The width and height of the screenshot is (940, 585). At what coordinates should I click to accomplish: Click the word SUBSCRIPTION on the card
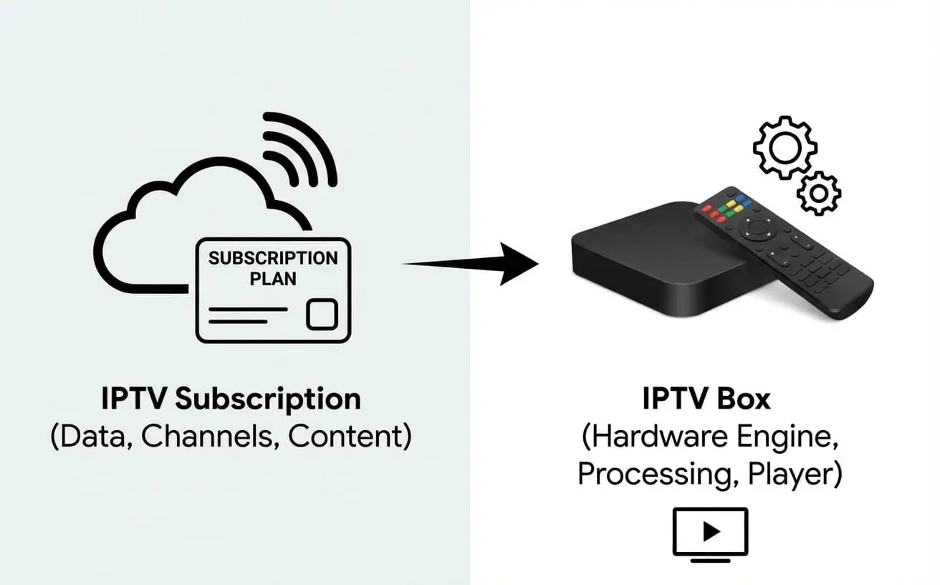coord(273,258)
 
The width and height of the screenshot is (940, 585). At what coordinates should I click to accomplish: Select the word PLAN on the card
coord(273,278)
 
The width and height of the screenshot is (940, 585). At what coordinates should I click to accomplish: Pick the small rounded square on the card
coord(322,315)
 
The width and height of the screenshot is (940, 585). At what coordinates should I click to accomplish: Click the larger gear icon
coord(785,147)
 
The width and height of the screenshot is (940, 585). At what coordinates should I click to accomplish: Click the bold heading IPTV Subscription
coord(231,400)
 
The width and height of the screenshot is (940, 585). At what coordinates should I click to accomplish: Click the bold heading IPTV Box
coord(706,399)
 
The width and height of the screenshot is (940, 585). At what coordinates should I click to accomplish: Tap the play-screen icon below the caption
coord(710,531)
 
